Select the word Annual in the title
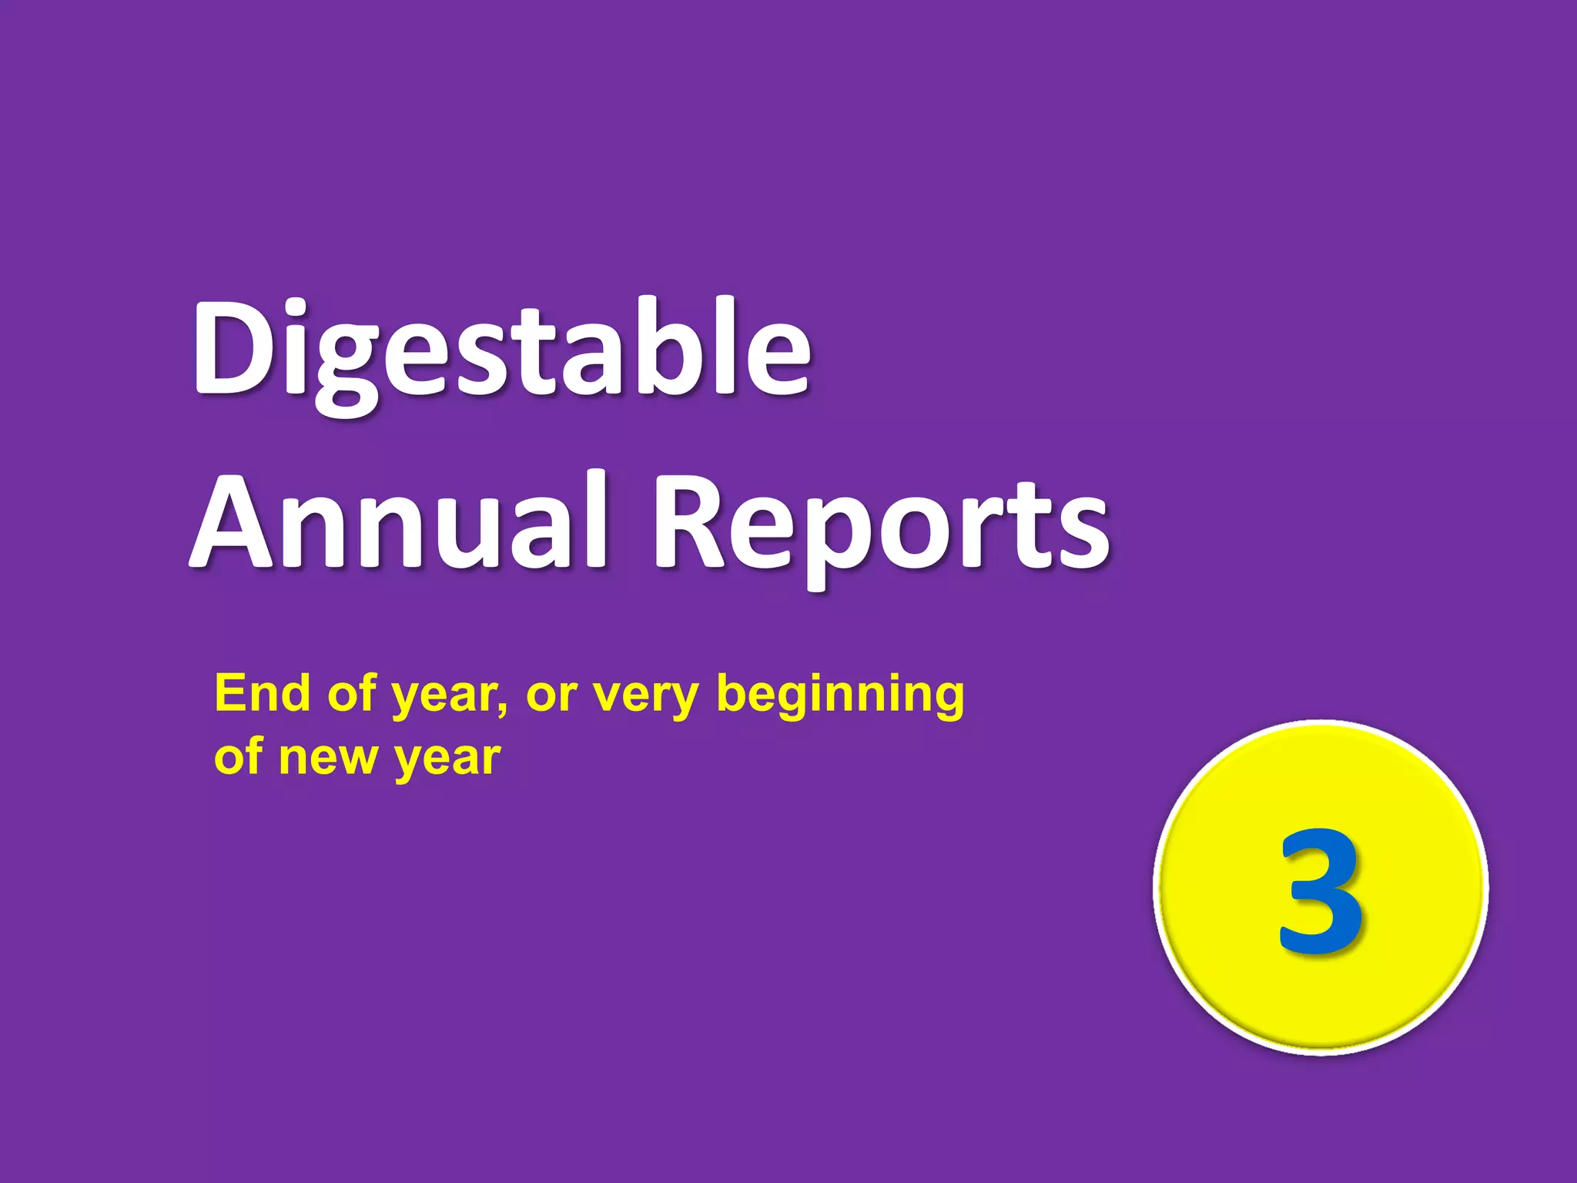click(x=400, y=524)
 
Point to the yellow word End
click(x=262, y=693)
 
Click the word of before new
click(x=239, y=756)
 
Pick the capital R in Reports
click(x=693, y=524)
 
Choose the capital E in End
click(x=229, y=693)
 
